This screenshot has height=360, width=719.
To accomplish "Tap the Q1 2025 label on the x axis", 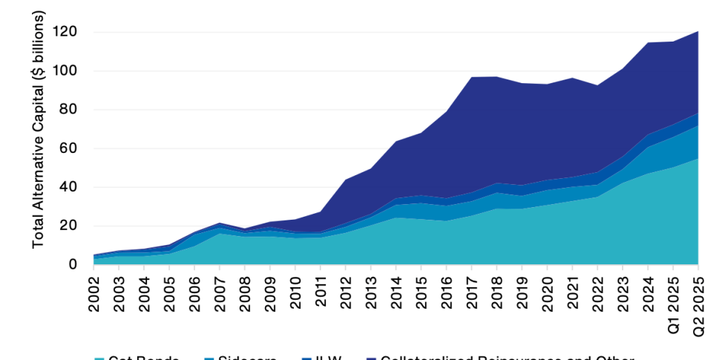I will [x=674, y=304].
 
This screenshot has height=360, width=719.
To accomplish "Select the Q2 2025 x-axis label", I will [x=699, y=304].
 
